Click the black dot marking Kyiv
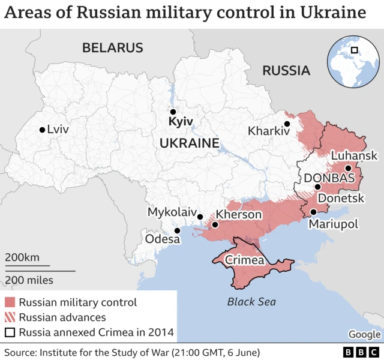point(173,112)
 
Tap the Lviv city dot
point(41,130)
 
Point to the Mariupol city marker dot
point(313,212)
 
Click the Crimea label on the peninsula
point(244,260)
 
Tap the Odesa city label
point(162,239)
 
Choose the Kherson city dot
point(215,225)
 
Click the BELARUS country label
point(113,48)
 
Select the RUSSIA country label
point(286,71)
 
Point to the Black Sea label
point(251,302)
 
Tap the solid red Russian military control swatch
point(10,302)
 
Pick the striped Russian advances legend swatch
point(10,317)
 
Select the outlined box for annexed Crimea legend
point(10,332)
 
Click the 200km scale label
point(22,258)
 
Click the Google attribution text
point(364,334)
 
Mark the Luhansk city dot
point(348,168)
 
